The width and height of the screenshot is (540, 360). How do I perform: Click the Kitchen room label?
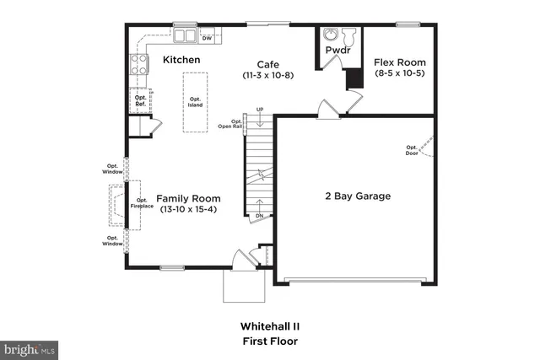181,60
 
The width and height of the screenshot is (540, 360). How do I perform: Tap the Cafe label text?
267,64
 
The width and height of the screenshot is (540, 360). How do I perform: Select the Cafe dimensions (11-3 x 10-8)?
267,76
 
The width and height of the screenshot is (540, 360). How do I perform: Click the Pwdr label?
338,51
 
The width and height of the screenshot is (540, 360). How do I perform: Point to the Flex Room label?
400,62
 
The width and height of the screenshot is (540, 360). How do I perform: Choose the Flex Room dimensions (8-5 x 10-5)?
400,74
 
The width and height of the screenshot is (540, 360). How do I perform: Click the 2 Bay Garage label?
358,196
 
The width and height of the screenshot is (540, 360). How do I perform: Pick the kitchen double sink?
186,36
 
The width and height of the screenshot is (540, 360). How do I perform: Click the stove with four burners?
138,65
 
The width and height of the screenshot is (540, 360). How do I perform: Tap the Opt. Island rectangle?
195,102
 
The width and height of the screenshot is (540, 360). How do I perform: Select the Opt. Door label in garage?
411,149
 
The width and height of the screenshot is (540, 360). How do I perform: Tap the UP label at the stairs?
260,110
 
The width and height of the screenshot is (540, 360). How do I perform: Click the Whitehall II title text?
268,325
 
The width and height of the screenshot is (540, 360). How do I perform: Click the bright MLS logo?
30,347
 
